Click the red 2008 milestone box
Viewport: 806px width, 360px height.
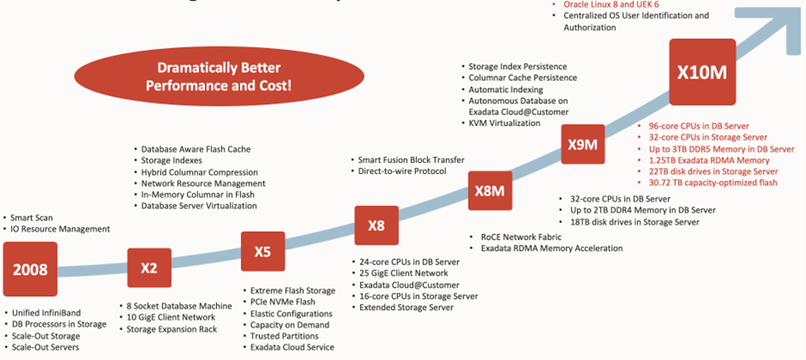pyautogui.click(x=30, y=269)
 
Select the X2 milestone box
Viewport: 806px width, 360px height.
pyautogui.click(x=149, y=267)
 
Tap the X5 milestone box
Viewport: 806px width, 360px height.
pyautogui.click(x=263, y=251)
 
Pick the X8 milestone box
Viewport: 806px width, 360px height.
pyautogui.click(x=376, y=226)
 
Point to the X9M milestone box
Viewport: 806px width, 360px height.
pyautogui.click(x=583, y=145)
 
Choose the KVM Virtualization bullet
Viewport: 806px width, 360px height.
pyautogui.click(x=504, y=123)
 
